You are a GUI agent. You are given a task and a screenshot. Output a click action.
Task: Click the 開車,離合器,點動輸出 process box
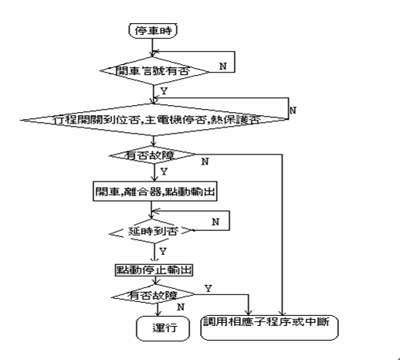150,192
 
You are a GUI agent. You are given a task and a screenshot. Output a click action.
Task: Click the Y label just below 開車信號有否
163,90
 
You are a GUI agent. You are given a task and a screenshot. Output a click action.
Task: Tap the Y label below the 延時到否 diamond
163,251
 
